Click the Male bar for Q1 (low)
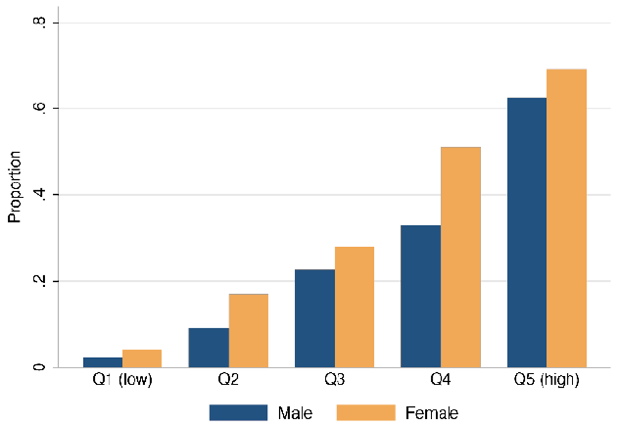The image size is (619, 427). coord(102,362)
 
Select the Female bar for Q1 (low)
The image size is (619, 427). coord(142,359)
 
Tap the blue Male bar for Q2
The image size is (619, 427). coord(208,348)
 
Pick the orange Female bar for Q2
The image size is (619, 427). coord(248,331)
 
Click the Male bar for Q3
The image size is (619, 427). coord(315,319)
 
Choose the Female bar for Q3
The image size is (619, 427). coord(354,307)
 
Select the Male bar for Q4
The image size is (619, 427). coord(420,297)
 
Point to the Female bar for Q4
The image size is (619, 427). coord(460,257)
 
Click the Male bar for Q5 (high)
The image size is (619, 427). coord(527,233)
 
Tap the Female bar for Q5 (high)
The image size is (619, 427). coord(566,219)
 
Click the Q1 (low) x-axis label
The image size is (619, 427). coord(122,381)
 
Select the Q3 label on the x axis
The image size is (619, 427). coord(334,381)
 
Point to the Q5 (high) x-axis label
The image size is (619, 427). coord(547,381)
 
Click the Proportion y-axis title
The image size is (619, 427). coord(14,187)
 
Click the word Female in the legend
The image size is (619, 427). coord(432,412)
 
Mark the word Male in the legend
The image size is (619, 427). coord(295,412)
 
